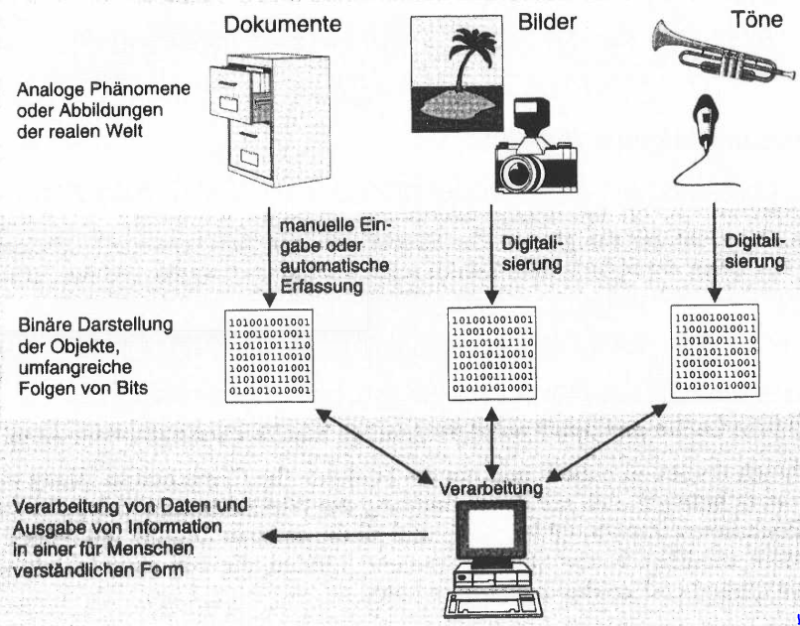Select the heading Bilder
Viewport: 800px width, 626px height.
(x=540, y=21)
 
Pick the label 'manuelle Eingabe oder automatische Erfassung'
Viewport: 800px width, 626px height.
(x=335, y=257)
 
